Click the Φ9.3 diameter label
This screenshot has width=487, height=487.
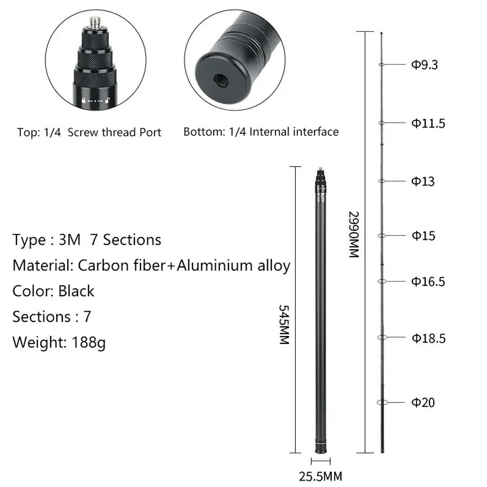[x=424, y=65]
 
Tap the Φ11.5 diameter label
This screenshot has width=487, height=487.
[x=428, y=123]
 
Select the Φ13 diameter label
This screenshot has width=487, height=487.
[x=423, y=181]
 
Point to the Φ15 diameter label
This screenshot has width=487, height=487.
[x=423, y=236]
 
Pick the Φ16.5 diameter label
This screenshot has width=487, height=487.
[x=428, y=281]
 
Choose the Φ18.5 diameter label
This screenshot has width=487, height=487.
[x=429, y=338]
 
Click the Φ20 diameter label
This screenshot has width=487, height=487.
[x=423, y=403]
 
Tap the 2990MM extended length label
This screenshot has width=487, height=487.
[x=354, y=235]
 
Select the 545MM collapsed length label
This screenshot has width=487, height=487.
[x=284, y=324]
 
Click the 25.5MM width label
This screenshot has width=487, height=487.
[x=320, y=476]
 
